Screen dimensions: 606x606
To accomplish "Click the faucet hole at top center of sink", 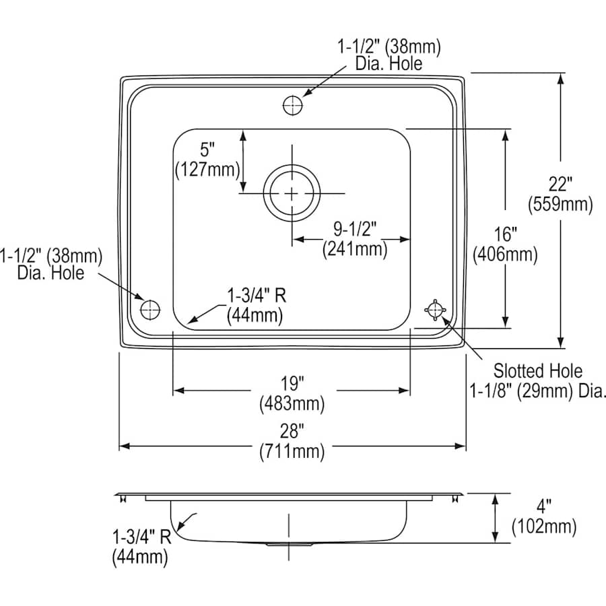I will tap(292, 106).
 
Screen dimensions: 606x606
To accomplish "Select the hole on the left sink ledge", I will tap(149, 309).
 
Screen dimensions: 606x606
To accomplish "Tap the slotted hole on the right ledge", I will tap(435, 309).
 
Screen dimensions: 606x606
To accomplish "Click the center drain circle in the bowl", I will tap(292, 194).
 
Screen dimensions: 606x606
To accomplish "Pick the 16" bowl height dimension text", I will tap(504, 235).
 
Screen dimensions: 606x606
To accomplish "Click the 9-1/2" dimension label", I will tap(355, 230).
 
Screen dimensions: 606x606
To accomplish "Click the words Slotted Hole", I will tap(537, 370).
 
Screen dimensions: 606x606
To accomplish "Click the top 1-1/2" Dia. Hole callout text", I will tap(389, 47).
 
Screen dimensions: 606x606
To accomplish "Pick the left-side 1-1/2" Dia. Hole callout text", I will tap(50, 256).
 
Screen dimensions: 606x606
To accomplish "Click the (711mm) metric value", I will tap(292, 452).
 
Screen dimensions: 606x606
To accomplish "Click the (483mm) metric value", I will tap(292, 404).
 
